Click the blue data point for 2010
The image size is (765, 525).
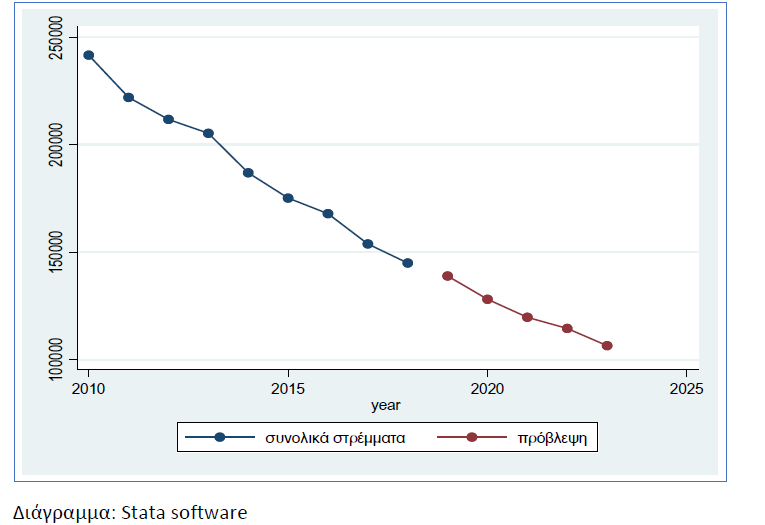[x=88, y=55]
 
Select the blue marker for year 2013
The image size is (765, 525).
[x=208, y=133]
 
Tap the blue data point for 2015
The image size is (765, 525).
[x=288, y=198]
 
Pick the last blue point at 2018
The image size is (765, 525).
[x=407, y=263]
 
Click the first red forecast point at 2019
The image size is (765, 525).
[x=447, y=276]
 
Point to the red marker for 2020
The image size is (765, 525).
[x=487, y=299]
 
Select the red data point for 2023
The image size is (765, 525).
[x=607, y=346]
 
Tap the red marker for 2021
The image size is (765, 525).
[x=527, y=317]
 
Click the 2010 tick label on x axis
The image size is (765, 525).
[x=88, y=387]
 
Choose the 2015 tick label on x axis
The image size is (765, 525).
[x=288, y=387]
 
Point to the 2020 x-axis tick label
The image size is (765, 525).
[x=487, y=387]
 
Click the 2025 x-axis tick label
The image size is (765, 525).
[x=686, y=387]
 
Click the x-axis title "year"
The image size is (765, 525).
[x=386, y=405]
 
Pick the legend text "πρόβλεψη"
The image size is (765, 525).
[x=551, y=437]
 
